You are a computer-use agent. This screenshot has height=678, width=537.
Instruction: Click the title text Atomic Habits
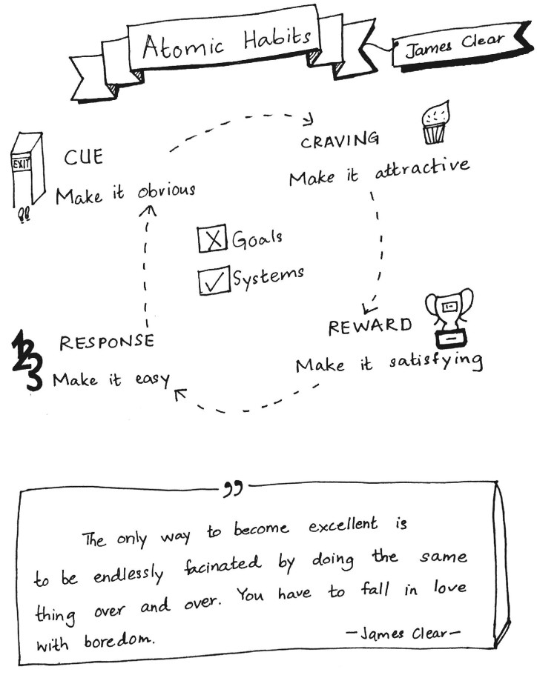coord(227,43)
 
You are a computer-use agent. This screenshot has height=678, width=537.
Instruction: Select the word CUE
coord(84,157)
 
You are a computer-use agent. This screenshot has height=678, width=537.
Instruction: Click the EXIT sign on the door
coord(22,164)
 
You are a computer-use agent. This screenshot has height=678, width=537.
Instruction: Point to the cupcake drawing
coord(435,123)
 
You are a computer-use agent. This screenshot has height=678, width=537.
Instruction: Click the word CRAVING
coord(340,140)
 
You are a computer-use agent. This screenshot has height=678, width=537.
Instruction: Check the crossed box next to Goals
coord(212,238)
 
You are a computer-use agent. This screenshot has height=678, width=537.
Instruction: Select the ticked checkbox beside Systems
coord(214,281)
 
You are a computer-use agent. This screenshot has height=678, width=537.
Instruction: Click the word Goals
coord(257,239)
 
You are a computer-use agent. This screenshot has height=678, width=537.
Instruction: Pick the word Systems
coord(268,276)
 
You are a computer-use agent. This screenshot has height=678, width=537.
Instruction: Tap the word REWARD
coord(370,326)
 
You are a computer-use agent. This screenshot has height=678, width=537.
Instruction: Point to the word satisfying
coord(435,361)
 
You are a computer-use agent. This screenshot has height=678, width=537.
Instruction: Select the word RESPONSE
coord(107,342)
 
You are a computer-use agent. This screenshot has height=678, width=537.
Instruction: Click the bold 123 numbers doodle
coord(27,360)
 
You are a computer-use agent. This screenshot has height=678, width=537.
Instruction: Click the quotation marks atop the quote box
coord(233,488)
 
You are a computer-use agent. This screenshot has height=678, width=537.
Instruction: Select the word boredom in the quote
coord(118,639)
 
